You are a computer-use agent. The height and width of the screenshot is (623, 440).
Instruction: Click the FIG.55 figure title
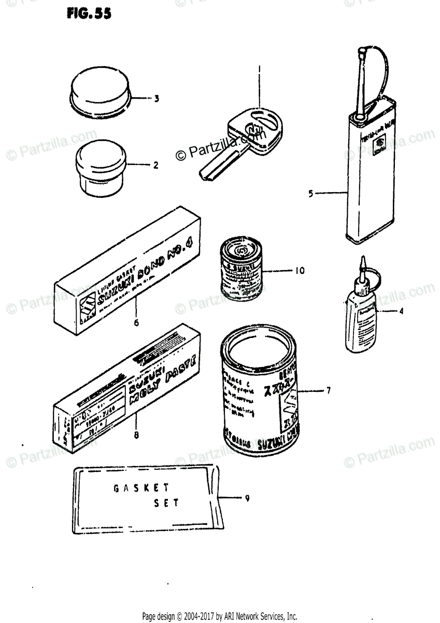click(x=89, y=14)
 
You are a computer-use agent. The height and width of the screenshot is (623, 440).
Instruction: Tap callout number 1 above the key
click(x=260, y=69)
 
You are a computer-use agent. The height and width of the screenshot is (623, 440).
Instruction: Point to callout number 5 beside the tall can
click(x=310, y=194)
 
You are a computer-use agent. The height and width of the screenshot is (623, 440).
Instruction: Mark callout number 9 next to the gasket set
click(x=247, y=498)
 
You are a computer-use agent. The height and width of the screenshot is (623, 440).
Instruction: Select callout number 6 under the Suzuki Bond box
click(x=136, y=322)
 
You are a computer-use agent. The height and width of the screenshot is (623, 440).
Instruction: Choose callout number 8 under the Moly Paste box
click(x=136, y=436)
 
